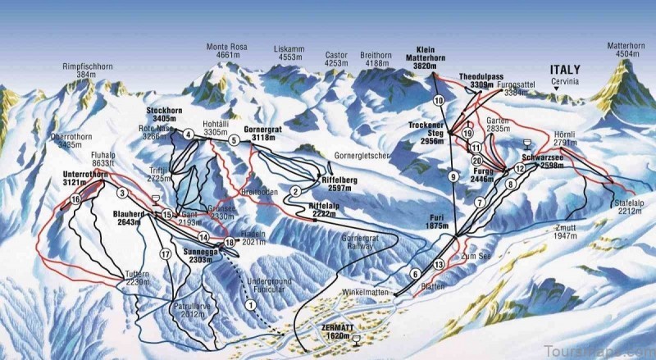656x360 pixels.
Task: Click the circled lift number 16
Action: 75,199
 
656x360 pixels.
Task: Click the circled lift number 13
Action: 440,264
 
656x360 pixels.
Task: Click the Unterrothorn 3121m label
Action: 84,180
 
